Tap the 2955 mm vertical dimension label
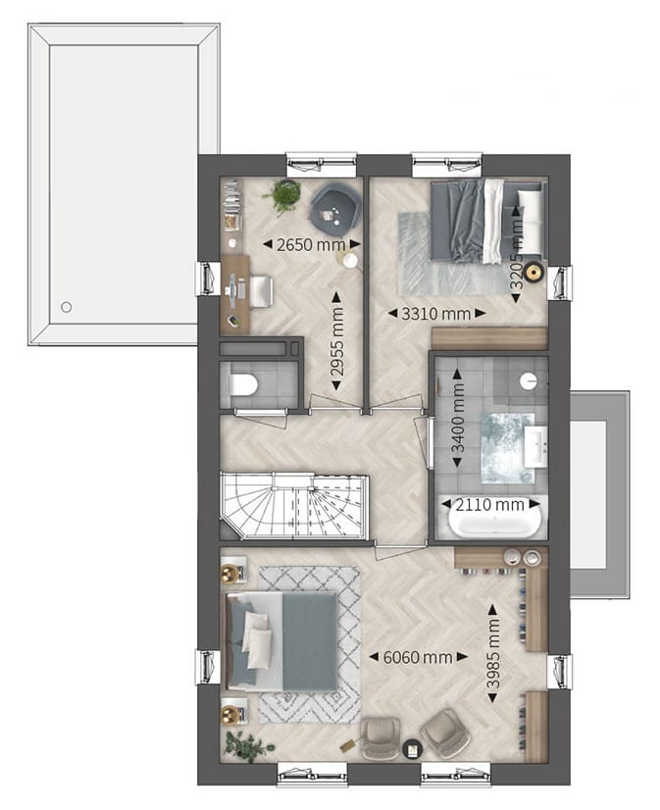coord(337,340)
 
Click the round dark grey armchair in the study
coord(333,204)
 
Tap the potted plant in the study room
coord(285,195)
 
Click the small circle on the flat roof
coord(66,307)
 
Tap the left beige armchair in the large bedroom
coord(380,736)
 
